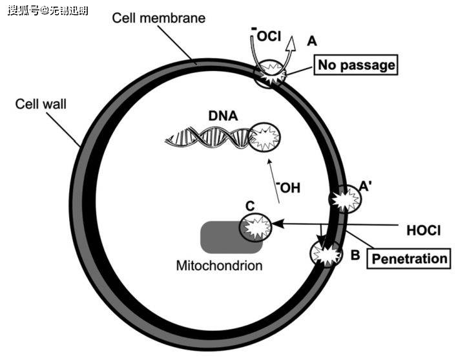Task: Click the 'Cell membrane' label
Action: coord(158,18)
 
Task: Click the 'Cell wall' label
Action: coord(41,103)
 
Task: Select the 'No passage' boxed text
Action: coord(355,65)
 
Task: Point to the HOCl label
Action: coord(424,230)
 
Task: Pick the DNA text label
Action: coord(223,116)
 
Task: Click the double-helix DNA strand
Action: coord(207,137)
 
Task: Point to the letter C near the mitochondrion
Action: coord(249,206)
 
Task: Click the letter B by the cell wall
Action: coord(355,255)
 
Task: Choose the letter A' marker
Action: coord(364,186)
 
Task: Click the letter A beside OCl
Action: coord(313,41)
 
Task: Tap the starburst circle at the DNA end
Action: coord(265,138)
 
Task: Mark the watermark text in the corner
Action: coord(48,10)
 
